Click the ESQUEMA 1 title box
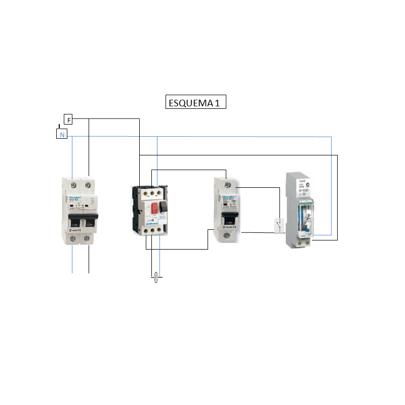point(195,103)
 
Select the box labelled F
point(68,119)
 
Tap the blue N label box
point(62,135)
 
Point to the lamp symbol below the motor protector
point(157,277)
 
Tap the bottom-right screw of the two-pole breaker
point(88,237)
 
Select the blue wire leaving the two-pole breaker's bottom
point(72,261)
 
